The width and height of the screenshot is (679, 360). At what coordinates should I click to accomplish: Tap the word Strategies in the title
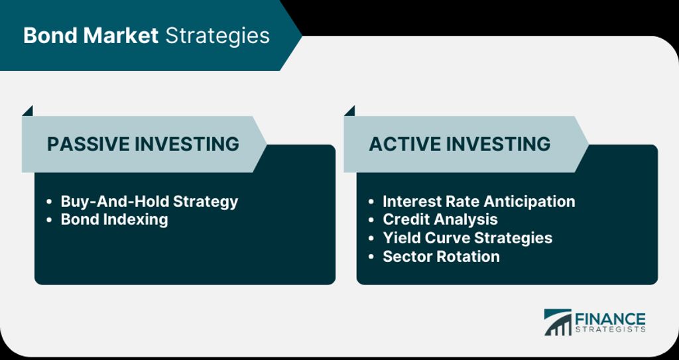pos(217,36)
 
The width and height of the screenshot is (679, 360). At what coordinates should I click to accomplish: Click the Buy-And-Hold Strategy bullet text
pos(149,202)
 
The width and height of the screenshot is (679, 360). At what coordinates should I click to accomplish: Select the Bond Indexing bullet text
pos(114,219)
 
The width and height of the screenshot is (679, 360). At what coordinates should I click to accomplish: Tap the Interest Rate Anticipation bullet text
pos(479,202)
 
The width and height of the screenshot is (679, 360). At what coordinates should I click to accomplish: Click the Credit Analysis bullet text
pos(440,219)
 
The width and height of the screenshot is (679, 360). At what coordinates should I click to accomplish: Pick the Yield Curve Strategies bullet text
pos(467,238)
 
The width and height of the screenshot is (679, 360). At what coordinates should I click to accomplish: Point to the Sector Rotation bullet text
pos(441,257)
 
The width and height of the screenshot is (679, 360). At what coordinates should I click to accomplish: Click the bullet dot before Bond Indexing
pos(49,220)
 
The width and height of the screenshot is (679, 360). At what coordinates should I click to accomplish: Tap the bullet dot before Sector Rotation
pos(371,257)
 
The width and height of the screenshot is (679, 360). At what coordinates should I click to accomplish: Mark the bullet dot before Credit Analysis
pos(371,220)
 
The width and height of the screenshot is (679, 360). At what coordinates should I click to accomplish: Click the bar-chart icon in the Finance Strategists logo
pos(558,322)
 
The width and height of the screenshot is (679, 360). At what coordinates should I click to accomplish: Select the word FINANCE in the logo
pos(610,320)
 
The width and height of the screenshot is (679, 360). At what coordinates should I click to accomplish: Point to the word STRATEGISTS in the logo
pos(610,330)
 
